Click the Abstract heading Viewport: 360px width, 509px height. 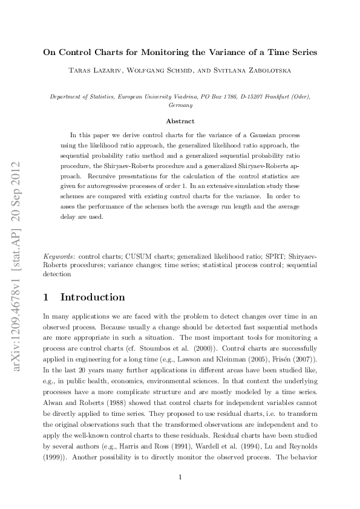(x=180, y=121)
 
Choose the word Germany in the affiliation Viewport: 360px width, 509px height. (x=180, y=105)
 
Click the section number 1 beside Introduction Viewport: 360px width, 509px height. (x=47, y=297)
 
